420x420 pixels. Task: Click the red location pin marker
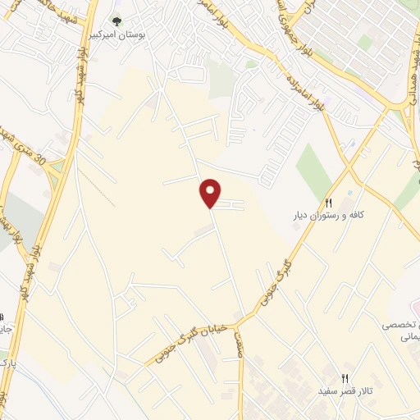(x=211, y=192)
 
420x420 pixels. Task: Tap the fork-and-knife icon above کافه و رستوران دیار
(x=329, y=203)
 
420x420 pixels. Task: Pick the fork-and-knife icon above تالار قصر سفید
(x=345, y=378)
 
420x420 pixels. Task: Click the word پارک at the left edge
(x=4, y=361)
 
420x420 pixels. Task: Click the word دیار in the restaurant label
(x=304, y=217)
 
